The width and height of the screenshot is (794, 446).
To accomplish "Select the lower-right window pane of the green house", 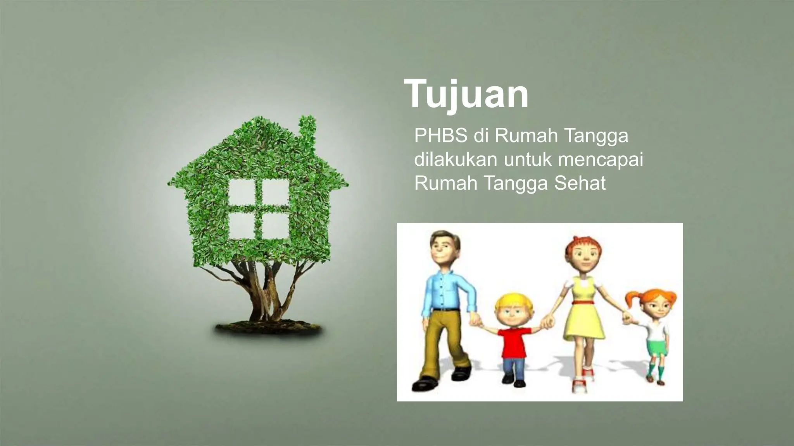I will [x=276, y=226].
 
